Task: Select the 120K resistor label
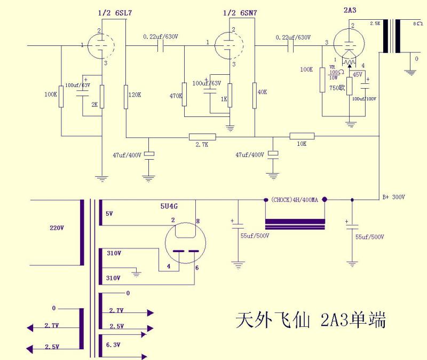[x=134, y=95]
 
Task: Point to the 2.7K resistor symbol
[x=202, y=137]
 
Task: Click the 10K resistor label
[x=301, y=145]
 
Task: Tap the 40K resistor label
[x=262, y=92]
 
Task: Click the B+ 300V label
[x=394, y=197]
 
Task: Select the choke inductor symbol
[x=295, y=223]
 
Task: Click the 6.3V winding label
[x=113, y=345]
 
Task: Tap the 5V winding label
[x=109, y=214]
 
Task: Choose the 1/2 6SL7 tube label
[x=112, y=12]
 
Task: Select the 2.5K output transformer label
[x=376, y=24]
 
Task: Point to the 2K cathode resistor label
[x=94, y=105]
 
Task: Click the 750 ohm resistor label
[x=336, y=88]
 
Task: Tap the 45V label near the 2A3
[x=357, y=74]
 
